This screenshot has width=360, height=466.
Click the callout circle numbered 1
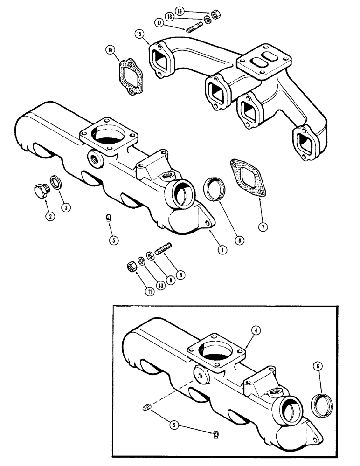[222, 250]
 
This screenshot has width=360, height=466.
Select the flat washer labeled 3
[55, 183]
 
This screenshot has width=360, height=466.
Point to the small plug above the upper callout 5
[108, 218]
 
